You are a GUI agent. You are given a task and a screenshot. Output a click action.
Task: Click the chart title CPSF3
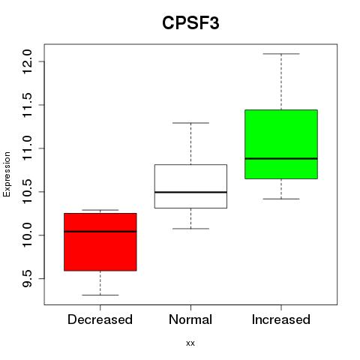[190, 23]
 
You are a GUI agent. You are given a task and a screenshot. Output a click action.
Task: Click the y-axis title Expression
[7, 175]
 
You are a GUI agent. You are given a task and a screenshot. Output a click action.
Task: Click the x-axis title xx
[190, 343]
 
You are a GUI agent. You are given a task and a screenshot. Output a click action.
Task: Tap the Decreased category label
[100, 319]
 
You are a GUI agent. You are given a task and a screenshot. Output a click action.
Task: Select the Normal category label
[190, 319]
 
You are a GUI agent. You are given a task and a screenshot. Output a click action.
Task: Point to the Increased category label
[281, 319]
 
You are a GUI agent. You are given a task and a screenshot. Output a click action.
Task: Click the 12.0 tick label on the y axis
[27, 61]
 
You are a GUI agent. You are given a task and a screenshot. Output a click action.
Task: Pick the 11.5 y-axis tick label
[27, 105]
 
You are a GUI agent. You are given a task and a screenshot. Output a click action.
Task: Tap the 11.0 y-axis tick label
[27, 148]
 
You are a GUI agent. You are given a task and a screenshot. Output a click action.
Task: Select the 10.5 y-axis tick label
[27, 192]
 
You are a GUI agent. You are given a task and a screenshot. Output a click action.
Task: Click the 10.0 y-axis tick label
[27, 235]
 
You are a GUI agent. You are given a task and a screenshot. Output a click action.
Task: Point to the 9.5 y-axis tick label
[27, 279]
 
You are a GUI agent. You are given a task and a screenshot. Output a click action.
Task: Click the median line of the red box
[100, 232]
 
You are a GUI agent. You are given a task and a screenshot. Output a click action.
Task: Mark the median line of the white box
[190, 192]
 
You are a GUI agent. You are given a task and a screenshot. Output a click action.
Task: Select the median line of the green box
[281, 158]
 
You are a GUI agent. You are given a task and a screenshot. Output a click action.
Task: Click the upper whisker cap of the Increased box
[281, 54]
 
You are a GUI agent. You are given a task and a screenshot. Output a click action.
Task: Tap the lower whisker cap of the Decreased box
[100, 295]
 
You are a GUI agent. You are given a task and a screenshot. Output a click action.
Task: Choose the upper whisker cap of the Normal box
[190, 123]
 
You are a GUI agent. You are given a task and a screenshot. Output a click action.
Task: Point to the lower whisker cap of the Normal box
[190, 229]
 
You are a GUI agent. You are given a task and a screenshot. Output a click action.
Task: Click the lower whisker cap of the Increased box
[281, 199]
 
